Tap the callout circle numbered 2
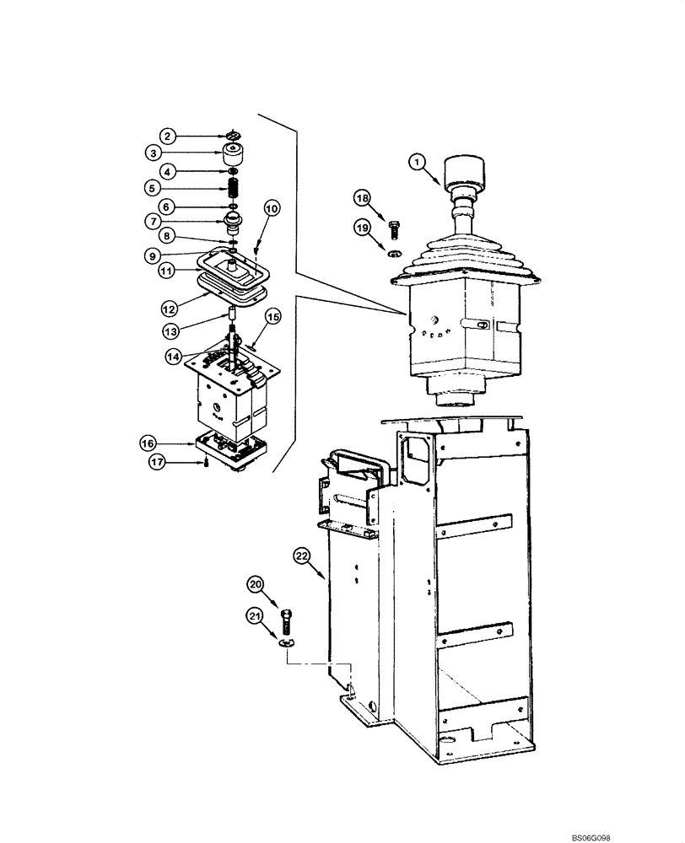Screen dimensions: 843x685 pos(169,136)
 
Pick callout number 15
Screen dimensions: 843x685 pos(272,316)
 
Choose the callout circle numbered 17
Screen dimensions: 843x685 pos(158,462)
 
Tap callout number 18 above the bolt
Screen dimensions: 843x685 pos(362,198)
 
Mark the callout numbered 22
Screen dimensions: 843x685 pos(302,555)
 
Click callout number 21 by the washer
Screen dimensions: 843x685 pos(255,619)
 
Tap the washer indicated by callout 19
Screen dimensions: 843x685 pos(394,251)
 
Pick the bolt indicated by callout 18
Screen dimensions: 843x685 pos(393,227)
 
